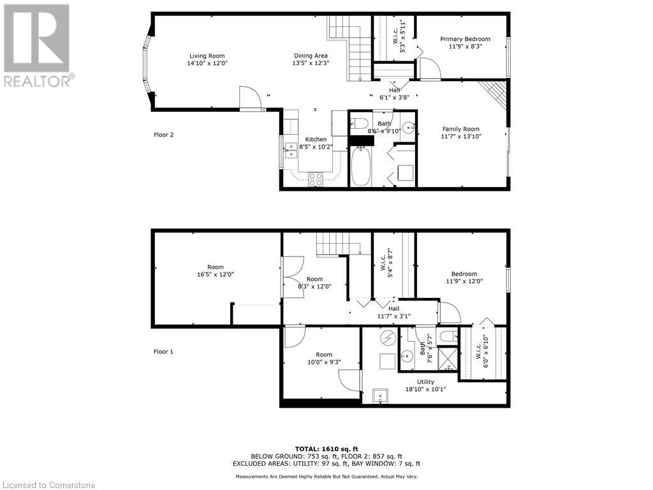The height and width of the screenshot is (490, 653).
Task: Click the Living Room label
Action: click(207, 56)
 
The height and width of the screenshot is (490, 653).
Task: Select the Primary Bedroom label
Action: click(465, 39)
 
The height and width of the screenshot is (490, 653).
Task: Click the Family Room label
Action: click(460, 129)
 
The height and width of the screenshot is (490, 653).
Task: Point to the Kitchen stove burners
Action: click(315, 179)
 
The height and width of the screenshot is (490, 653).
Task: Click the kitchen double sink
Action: click(290, 149)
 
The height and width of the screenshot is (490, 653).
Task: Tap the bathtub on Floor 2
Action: click(360, 166)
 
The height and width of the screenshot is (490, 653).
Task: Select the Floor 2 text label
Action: click(164, 135)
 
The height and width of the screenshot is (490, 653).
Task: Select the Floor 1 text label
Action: click(164, 352)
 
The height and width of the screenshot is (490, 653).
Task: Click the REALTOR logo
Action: click(38, 45)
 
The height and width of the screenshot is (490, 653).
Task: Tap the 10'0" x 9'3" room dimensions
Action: click(324, 362)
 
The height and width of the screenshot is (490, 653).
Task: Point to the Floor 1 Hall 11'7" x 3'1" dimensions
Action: click(393, 316)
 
